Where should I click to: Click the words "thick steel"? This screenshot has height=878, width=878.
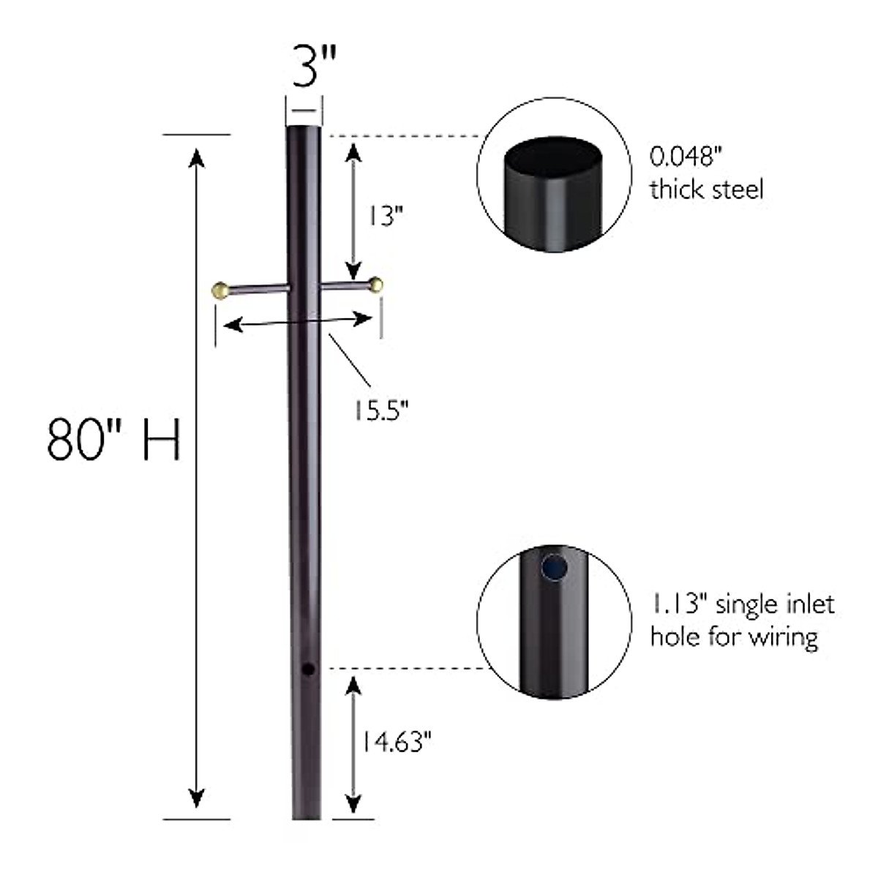706,190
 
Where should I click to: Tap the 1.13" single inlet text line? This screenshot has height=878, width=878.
742,605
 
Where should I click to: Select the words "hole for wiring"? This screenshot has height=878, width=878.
733,637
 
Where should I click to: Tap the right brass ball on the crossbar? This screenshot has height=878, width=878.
377,285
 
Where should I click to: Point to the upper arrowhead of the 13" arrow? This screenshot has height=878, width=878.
353,150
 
